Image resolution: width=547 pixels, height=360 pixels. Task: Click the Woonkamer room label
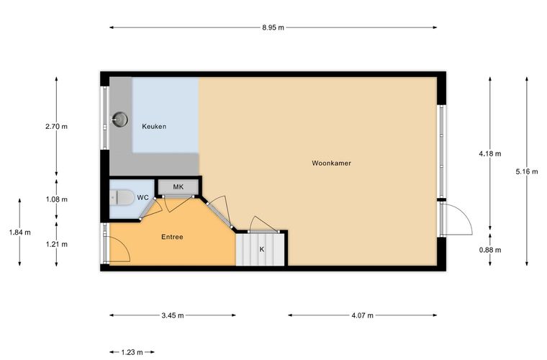331,163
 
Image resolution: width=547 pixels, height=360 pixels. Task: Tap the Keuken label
154,126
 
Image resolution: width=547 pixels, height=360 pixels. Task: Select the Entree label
172,237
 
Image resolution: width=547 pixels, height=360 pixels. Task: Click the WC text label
143,198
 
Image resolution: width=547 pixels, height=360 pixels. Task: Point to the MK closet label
178,187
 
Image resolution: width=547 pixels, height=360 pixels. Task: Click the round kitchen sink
119,120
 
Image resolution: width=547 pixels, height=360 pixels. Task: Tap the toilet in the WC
122,198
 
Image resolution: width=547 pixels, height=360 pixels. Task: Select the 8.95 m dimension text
273,27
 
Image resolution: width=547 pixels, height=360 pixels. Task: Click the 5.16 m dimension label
527,171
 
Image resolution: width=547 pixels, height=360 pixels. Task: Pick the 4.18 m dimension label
490,153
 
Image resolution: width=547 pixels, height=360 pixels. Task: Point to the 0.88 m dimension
490,250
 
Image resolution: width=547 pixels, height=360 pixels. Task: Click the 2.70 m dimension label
57,127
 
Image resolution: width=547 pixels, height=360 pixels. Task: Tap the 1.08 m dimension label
57,199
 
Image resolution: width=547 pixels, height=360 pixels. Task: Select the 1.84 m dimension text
20,233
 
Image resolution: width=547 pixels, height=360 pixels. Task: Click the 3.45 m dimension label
173,315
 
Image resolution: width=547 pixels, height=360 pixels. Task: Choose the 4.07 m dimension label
362,315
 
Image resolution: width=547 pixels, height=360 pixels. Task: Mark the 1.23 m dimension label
132,352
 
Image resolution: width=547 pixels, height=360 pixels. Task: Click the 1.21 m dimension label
57,244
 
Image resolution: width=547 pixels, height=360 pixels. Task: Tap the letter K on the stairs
262,249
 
